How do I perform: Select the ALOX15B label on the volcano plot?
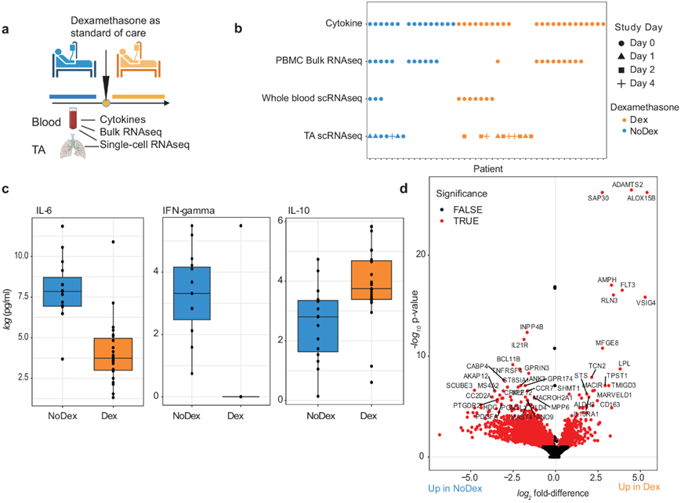(x=641, y=198)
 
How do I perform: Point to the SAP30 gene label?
(x=598, y=198)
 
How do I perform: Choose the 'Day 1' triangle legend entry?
(x=635, y=56)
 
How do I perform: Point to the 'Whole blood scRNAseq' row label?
(x=312, y=99)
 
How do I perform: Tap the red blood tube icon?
(x=72, y=119)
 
